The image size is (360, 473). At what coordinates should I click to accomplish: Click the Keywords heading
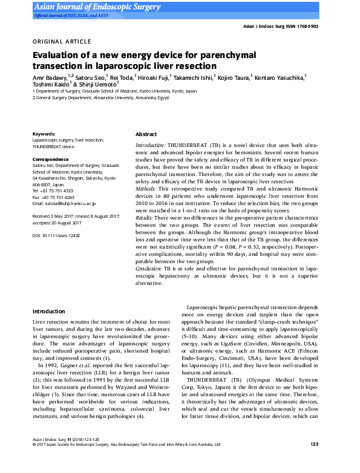[x=44, y=134]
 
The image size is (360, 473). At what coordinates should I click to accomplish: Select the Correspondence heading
[x=51, y=159]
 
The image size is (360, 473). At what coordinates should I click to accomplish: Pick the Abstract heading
[x=146, y=134]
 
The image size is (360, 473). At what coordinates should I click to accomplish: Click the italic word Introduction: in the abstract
[x=150, y=146]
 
